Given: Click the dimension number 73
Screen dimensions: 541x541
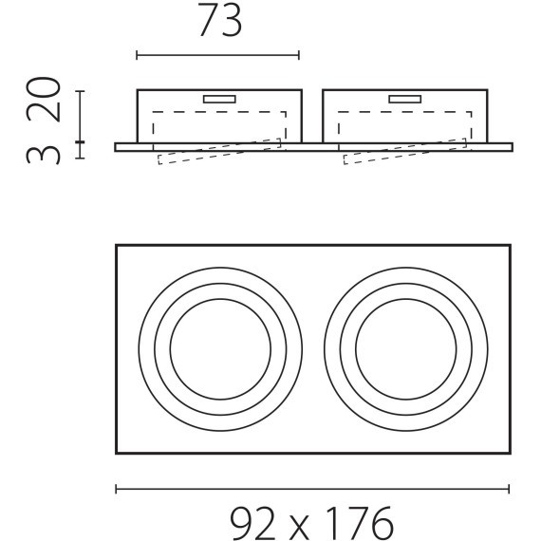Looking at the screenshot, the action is (x=220, y=20).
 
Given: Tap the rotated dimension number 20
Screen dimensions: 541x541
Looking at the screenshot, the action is (x=44, y=100).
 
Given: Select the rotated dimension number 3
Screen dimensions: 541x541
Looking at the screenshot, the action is (x=44, y=155).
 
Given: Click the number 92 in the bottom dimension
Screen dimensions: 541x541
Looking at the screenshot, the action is (x=253, y=523).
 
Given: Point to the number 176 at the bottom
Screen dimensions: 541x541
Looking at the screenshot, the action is (x=360, y=523).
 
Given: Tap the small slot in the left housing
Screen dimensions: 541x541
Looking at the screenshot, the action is (x=219, y=100).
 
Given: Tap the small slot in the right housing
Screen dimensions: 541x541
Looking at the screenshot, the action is (x=405, y=100).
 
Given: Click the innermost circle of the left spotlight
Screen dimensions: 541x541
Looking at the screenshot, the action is (x=170, y=349).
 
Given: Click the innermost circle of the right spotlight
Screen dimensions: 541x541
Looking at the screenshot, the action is (x=355, y=349).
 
